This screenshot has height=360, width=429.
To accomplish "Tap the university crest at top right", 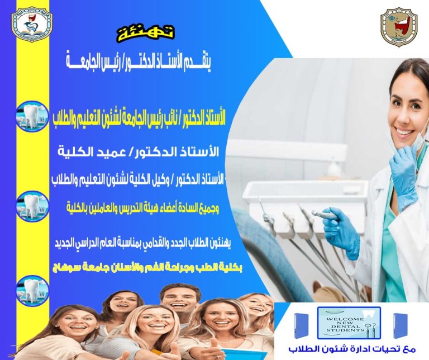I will click(x=399, y=27).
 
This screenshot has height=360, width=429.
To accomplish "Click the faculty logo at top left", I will click(x=32, y=23).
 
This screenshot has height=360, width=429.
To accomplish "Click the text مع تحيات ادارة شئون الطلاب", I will click(x=351, y=350).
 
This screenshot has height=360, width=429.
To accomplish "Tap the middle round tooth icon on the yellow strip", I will click(x=32, y=205).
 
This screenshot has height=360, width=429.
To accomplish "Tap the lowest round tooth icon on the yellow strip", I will click(x=32, y=290).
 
